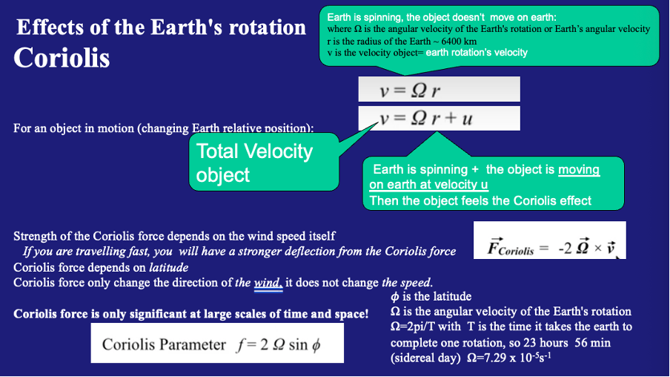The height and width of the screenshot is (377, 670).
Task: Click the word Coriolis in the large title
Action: pyautogui.click(x=62, y=59)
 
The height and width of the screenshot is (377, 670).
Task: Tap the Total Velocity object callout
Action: pyautogui.click(x=255, y=163)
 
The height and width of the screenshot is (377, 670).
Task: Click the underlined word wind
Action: pyautogui.click(x=268, y=283)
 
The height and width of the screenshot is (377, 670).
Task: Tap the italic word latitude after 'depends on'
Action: pyautogui.click(x=169, y=267)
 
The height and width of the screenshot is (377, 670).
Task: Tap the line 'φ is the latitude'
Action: pyautogui.click(x=431, y=297)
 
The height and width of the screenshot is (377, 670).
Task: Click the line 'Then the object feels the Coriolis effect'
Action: pyautogui.click(x=480, y=200)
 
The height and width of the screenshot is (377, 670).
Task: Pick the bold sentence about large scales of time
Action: pyautogui.click(x=190, y=314)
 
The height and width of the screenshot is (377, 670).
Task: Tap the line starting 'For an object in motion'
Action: pyautogui.click(x=163, y=128)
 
